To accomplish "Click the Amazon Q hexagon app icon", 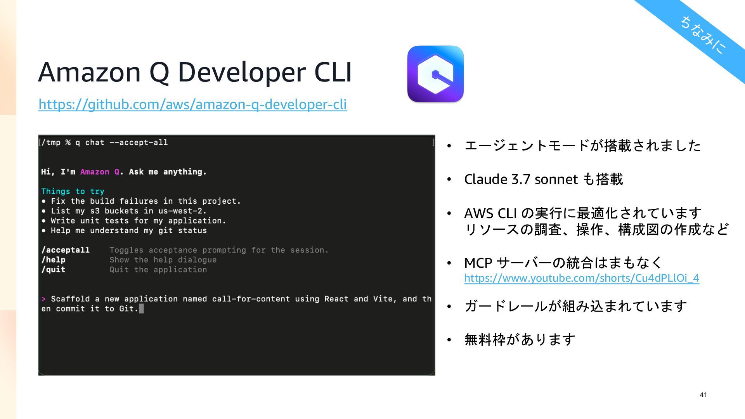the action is point(435,74).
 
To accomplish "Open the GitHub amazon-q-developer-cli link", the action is point(192,104).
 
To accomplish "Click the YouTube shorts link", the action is point(581,278).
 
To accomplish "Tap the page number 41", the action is point(703,395).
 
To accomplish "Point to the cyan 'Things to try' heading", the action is point(73,191).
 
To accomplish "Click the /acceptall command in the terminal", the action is point(65,250).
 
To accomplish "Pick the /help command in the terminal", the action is point(53,260).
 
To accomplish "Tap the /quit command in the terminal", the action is point(53,270).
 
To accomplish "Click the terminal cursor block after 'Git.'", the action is point(141,309).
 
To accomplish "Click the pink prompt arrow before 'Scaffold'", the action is point(43,299).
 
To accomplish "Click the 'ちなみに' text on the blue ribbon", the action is point(703,35).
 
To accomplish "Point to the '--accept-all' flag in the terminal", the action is point(139,143).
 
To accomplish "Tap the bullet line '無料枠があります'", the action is point(520,340).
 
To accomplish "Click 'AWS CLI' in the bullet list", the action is point(490,213).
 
